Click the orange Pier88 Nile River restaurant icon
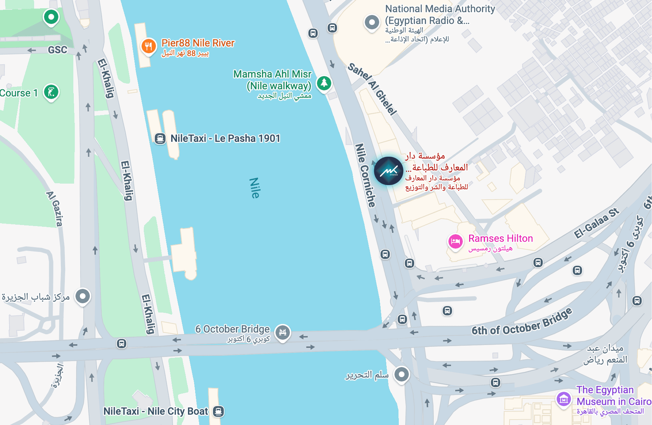pos(148,46)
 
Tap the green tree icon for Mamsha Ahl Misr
pos(324,83)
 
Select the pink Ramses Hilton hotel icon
pos(455,241)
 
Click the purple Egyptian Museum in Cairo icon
pos(564,399)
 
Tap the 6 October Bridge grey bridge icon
pos(282,332)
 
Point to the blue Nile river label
pos(254,188)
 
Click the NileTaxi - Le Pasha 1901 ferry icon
pos(160,138)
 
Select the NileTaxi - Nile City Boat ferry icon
pos(218,411)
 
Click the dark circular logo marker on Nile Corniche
pos(388,171)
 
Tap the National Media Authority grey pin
pos(372,22)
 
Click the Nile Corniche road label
pos(365,175)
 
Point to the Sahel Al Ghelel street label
pos(372,89)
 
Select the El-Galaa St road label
pos(596,223)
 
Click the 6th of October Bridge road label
pos(521,322)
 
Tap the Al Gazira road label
pos(54,209)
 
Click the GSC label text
pos(57,50)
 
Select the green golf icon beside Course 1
pos(51,92)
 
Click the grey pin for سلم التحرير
pos(401,374)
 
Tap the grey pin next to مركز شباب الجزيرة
pos(83,296)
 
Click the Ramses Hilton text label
pos(500,238)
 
